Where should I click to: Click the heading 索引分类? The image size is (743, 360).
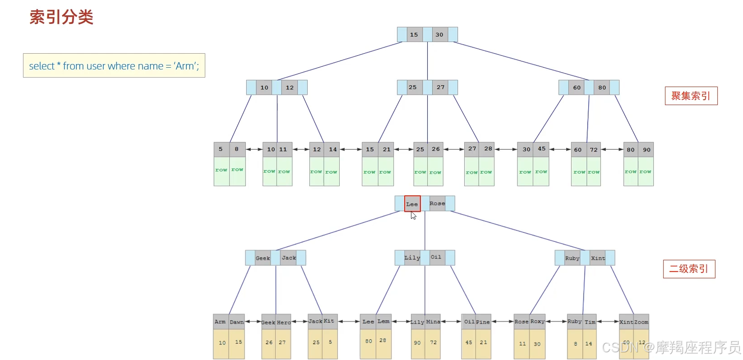pos(61,17)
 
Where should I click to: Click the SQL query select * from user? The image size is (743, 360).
pos(114,66)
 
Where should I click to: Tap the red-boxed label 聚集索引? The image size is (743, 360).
pos(691,96)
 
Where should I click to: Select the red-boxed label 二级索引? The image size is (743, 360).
pos(689,269)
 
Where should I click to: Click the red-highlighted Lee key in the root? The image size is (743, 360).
pos(412,204)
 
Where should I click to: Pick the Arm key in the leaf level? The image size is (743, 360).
pos(220,322)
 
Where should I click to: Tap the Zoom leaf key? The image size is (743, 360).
pos(641,322)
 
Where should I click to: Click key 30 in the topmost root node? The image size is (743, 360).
pos(439,35)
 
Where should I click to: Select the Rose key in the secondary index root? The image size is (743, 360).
pos(437,203)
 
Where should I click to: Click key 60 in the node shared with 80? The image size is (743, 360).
pos(577,88)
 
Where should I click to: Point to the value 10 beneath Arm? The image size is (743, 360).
pos(222,343)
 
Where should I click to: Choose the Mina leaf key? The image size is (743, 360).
pos(433,322)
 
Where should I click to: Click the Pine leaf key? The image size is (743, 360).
pos(483,322)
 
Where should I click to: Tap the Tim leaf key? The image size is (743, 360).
pos(590,322)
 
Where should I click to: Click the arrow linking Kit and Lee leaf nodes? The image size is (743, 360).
pos(349,322)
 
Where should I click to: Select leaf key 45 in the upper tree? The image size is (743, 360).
pos(541,149)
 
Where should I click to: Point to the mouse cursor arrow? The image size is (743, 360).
pos(413,216)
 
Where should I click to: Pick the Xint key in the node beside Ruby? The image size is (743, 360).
pos(598,258)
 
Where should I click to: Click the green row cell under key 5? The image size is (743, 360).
pos(221,171)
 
